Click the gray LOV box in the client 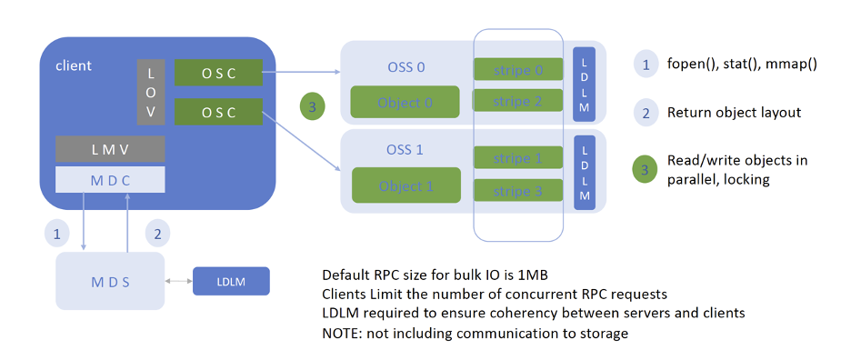(x=151, y=92)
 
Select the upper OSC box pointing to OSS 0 (x=218, y=73)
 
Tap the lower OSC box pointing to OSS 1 (x=218, y=112)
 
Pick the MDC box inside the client (x=110, y=178)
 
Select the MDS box (x=109, y=281)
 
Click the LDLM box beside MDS (x=231, y=281)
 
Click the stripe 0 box (x=517, y=68)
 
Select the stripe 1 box (x=517, y=157)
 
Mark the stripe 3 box (x=517, y=191)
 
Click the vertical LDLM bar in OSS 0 (x=584, y=84)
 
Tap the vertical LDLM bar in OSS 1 (x=584, y=170)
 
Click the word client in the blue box (x=74, y=65)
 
